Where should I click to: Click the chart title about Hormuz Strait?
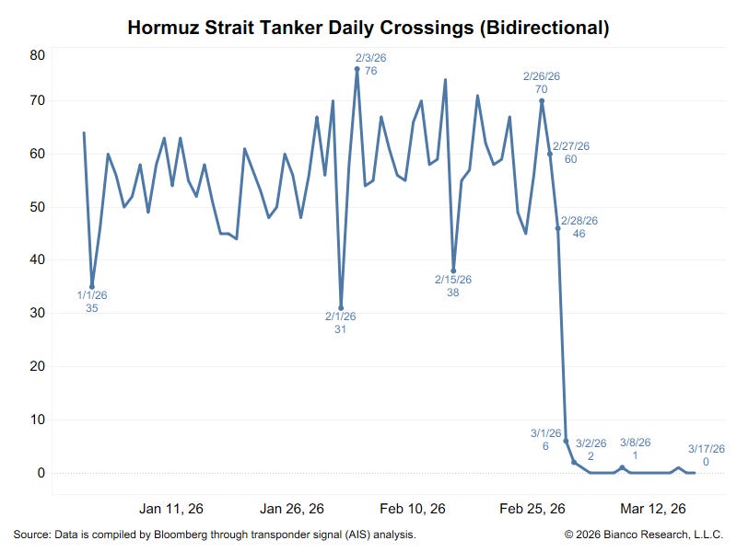[368, 28]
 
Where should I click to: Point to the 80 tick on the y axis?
[37, 55]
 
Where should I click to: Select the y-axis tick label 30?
[37, 313]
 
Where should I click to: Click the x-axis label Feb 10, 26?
[413, 509]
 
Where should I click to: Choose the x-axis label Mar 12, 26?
[652, 509]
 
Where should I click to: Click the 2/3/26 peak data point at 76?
[357, 69]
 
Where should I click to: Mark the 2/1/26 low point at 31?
[341, 307]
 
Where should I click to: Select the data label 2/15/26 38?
[453, 285]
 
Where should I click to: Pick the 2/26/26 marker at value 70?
[542, 101]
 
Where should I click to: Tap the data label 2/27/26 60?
[571, 152]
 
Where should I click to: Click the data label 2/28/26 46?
[579, 227]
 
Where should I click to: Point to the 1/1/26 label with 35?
[92, 301]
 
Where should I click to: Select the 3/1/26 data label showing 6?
[545, 439]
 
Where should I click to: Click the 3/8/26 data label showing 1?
[635, 448]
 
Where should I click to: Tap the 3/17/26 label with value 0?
[707, 454]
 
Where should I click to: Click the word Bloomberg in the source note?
[182, 535]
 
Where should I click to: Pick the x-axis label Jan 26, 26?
[292, 509]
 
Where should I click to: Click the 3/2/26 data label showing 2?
[591, 448]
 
